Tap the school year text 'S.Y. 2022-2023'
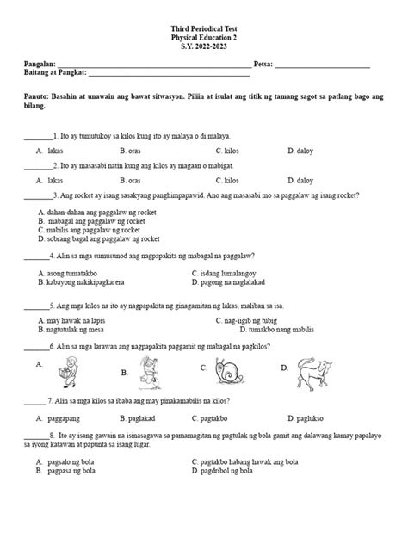point(203,47)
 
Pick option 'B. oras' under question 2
point(130,182)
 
